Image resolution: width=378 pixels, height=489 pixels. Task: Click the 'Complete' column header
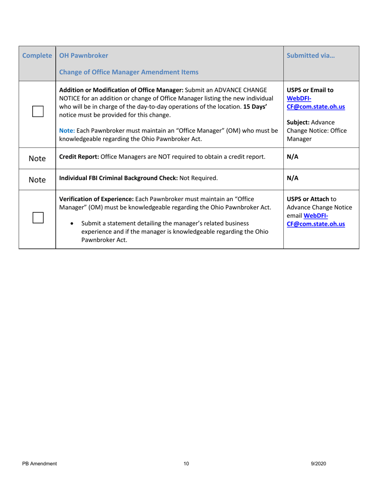coord(37,56)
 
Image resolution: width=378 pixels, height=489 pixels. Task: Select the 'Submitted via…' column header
coord(311,56)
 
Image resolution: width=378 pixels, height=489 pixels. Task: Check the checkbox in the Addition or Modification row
coord(38,111)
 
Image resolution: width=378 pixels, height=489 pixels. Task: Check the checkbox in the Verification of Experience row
coord(38,217)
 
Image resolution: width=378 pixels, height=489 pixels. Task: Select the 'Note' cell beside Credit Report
coord(37,158)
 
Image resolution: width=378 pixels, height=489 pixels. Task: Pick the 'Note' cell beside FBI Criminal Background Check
coord(37,180)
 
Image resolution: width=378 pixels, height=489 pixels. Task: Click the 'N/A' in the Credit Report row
coord(292,157)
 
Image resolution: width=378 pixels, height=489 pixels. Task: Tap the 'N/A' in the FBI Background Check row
coord(292,178)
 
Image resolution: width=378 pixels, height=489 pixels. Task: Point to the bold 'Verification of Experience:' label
coord(97,199)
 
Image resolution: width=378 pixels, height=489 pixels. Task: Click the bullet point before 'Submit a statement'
coord(72,224)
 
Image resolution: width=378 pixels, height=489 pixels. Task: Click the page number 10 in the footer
coord(187,464)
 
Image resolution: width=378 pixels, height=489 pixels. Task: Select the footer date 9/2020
coord(319,464)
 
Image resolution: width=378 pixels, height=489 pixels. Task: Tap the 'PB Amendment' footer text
coord(39,464)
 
